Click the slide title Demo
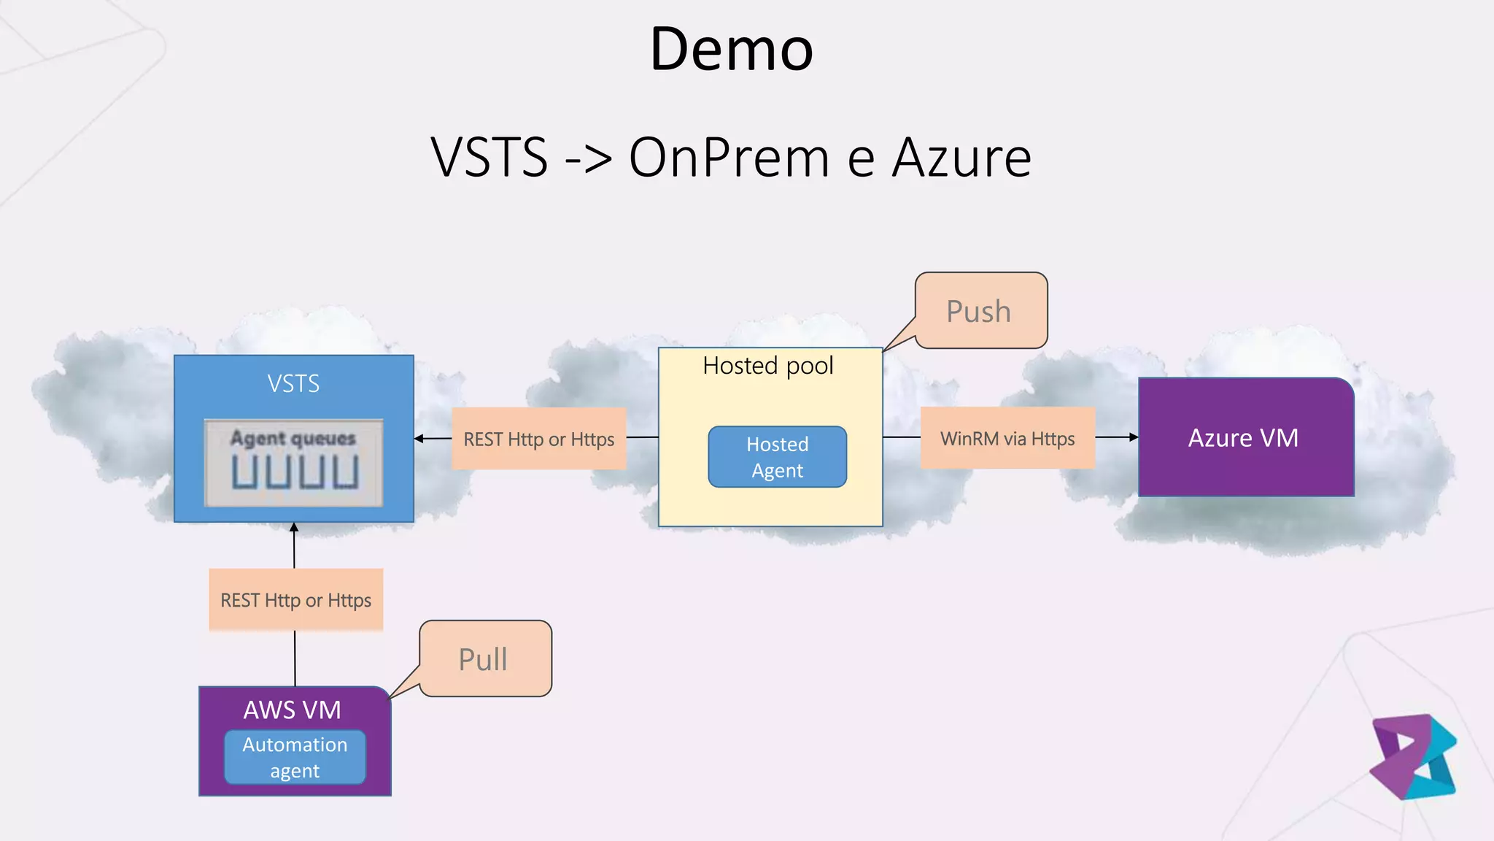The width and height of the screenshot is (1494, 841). click(x=731, y=49)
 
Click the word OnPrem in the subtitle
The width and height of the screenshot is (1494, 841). click(x=729, y=158)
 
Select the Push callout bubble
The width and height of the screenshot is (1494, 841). click(x=980, y=311)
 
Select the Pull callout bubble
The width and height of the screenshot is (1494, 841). click(x=484, y=659)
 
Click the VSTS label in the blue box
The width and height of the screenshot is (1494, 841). click(x=293, y=383)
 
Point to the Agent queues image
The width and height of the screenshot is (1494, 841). click(x=294, y=463)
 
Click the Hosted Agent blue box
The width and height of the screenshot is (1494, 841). click(x=777, y=457)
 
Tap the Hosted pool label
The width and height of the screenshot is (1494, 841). click(x=767, y=366)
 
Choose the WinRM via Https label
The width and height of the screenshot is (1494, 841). click(x=1007, y=439)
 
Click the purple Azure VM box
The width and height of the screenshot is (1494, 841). click(x=1245, y=438)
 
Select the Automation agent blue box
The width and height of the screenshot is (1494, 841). click(x=295, y=758)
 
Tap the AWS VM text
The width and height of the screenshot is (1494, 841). click(x=292, y=710)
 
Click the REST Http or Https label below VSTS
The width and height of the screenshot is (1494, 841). click(x=295, y=600)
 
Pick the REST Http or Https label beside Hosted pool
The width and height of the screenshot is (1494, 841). click(x=538, y=439)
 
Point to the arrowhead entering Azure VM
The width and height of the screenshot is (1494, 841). click(x=1133, y=437)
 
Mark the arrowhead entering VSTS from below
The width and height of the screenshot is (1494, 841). click(x=294, y=528)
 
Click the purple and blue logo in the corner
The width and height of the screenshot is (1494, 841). click(x=1413, y=756)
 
